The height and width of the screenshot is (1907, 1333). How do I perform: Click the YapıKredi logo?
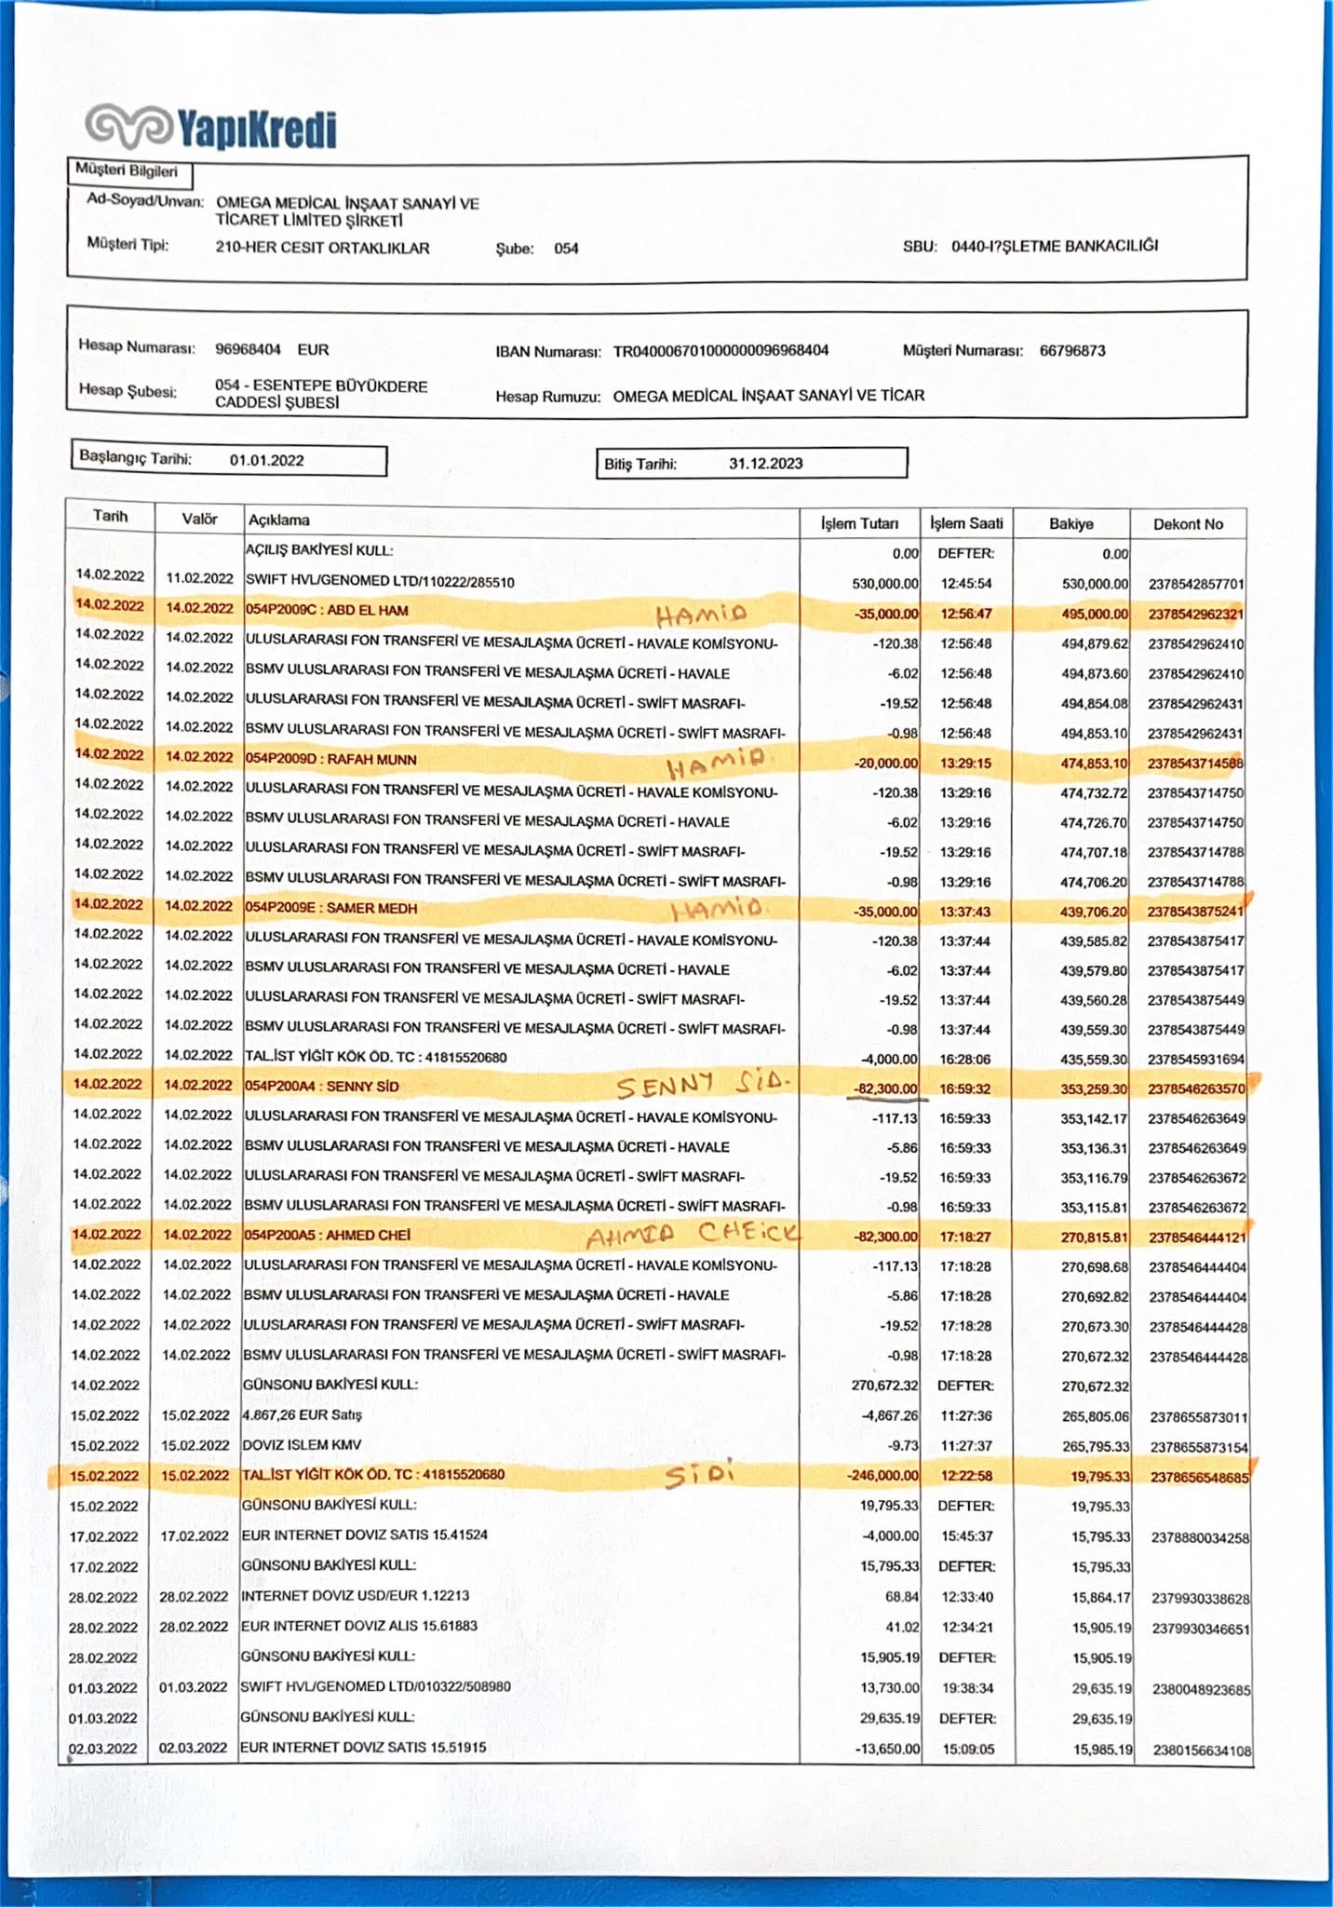pyautogui.click(x=210, y=128)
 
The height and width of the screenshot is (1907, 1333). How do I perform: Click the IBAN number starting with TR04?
pyautogui.click(x=720, y=351)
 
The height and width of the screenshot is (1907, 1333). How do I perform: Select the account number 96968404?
pyautogui.click(x=248, y=349)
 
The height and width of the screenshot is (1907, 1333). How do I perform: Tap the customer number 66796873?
pyautogui.click(x=1072, y=351)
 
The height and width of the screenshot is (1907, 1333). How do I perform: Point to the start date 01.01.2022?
pyautogui.click(x=266, y=460)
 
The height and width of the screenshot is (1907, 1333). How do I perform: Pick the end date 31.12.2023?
pyautogui.click(x=765, y=464)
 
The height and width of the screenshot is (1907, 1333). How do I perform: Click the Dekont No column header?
pyautogui.click(x=1188, y=524)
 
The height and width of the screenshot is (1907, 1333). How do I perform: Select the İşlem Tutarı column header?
pyautogui.click(x=859, y=523)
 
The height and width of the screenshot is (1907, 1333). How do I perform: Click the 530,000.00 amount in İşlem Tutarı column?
pyautogui.click(x=885, y=584)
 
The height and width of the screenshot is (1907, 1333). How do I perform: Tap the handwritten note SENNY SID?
pyautogui.click(x=702, y=1085)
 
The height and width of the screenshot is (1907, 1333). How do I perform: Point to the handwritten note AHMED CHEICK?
pyautogui.click(x=693, y=1235)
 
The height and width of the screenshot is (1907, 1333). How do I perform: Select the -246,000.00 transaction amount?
pyautogui.click(x=882, y=1476)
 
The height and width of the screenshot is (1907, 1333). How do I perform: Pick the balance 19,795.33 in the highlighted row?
pyautogui.click(x=1099, y=1477)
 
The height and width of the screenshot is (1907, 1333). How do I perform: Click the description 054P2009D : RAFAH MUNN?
pyautogui.click(x=330, y=759)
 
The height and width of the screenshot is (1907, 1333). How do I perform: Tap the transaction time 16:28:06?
pyautogui.click(x=965, y=1060)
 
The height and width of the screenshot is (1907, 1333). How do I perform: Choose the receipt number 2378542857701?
pyautogui.click(x=1196, y=585)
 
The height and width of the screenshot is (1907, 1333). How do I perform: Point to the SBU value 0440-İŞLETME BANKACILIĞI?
pyautogui.click(x=1055, y=247)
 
